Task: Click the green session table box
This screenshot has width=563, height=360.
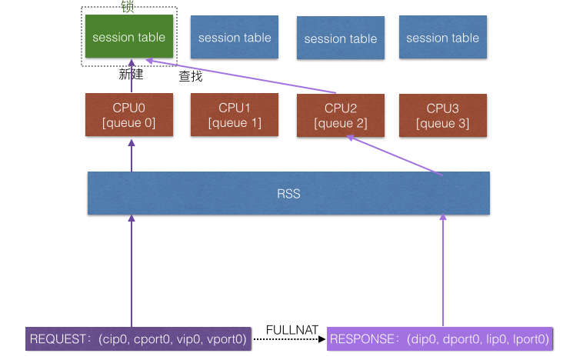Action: tap(128, 37)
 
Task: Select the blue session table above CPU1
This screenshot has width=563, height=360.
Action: tap(235, 38)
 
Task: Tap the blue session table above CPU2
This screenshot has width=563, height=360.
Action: tap(341, 38)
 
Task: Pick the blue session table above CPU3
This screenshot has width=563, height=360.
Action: tap(442, 38)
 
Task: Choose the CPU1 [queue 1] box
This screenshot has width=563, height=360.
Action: tap(235, 115)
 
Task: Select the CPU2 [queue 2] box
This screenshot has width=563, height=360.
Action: tap(341, 115)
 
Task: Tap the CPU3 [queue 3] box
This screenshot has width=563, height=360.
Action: tap(442, 115)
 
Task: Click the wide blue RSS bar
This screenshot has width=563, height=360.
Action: tap(288, 194)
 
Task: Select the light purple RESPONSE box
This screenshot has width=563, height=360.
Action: tap(439, 338)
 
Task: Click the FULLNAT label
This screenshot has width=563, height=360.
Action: tap(291, 329)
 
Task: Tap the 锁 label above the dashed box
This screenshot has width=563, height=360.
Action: tap(128, 6)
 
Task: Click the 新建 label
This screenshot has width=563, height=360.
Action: tap(131, 75)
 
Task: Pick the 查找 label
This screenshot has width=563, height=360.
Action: tap(190, 76)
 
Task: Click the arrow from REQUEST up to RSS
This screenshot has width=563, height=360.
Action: tap(132, 269)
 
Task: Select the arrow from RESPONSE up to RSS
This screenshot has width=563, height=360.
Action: tap(443, 269)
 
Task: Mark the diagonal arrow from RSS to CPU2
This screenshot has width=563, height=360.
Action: tap(395, 156)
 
